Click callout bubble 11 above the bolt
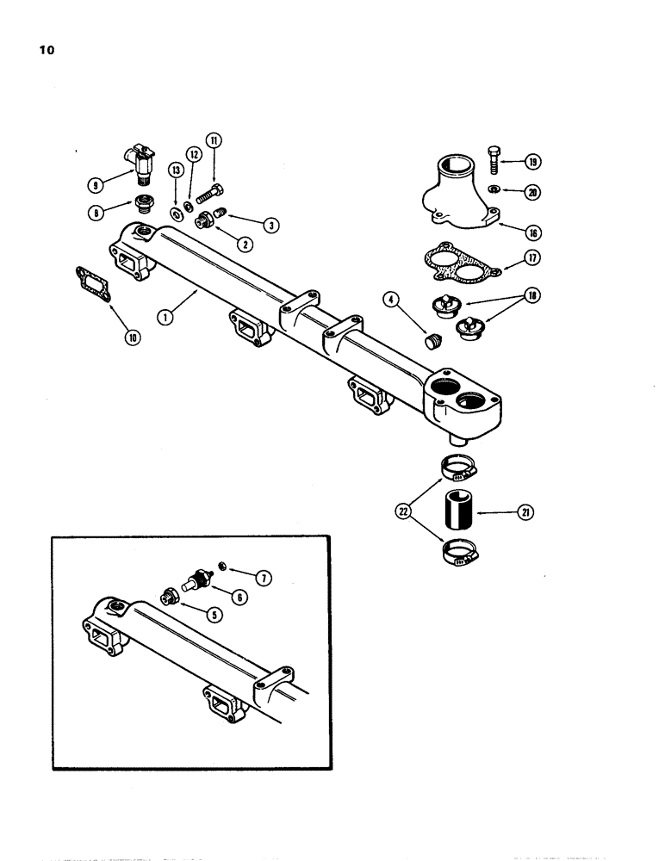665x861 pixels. pos(213,139)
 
